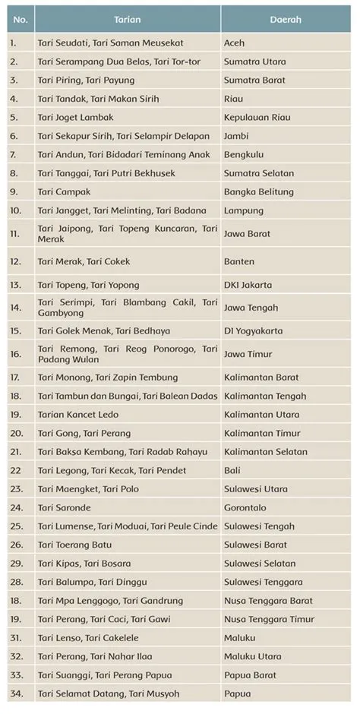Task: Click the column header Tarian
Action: tap(127, 19)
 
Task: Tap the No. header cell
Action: tap(20, 19)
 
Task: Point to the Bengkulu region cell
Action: tap(243, 154)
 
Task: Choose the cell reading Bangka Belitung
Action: tap(257, 191)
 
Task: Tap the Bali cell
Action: tap(232, 471)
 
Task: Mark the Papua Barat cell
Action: tap(249, 675)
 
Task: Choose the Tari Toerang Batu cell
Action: tap(76, 545)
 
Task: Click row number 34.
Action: tap(15, 693)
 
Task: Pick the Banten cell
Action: tap(239, 261)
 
